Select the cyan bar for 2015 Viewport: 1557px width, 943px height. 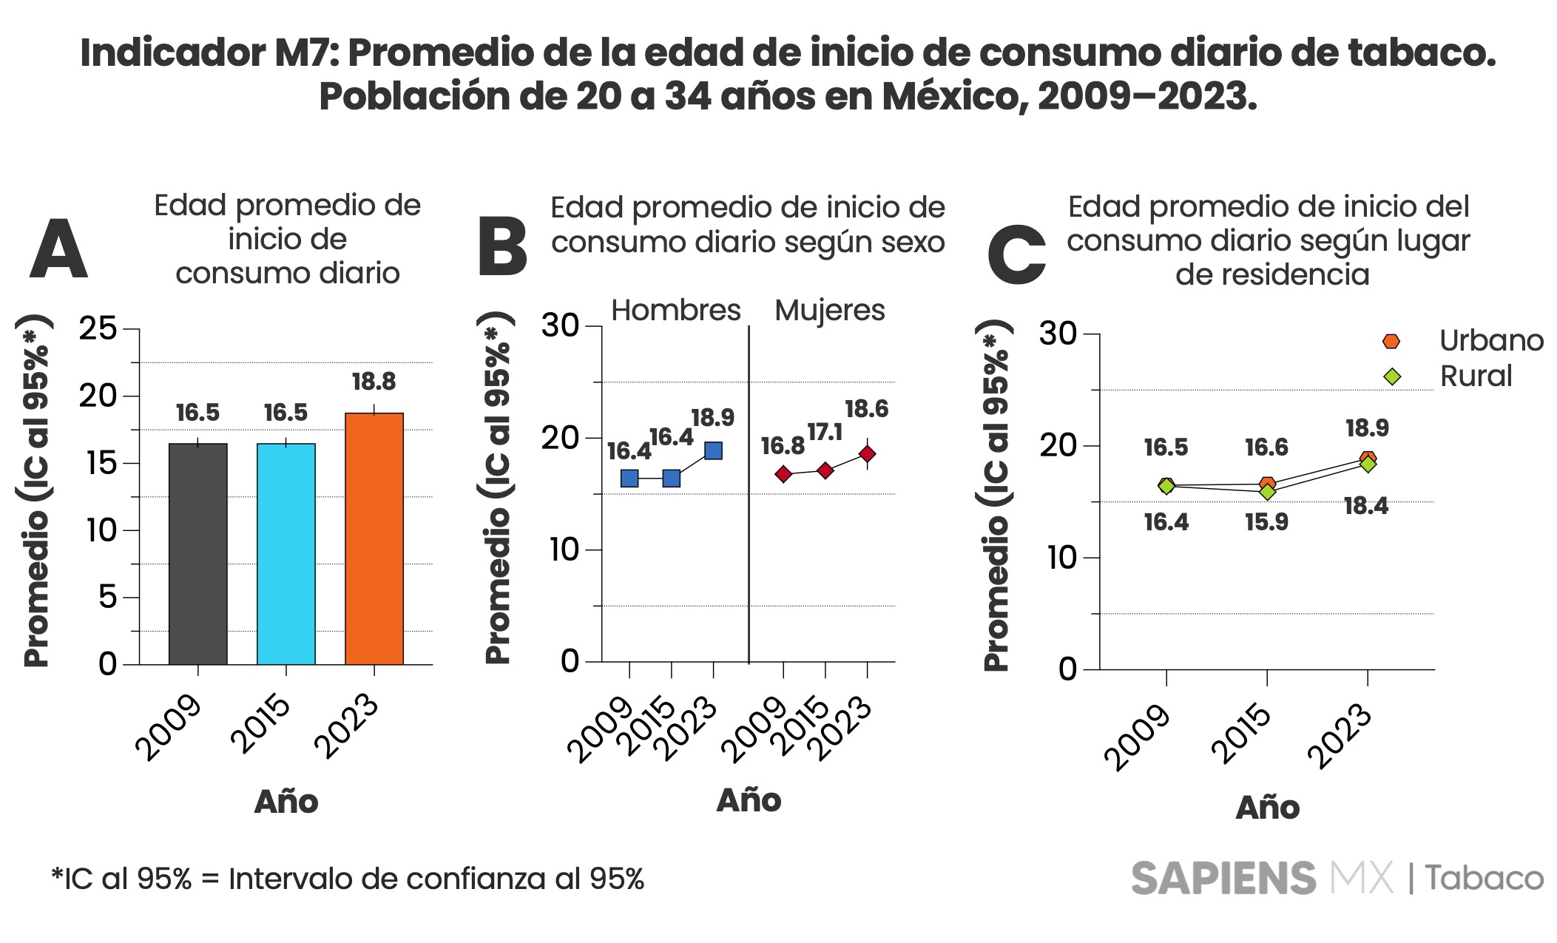(x=286, y=554)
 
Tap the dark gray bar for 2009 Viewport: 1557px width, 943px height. (x=197, y=554)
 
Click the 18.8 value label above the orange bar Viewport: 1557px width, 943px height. (x=374, y=382)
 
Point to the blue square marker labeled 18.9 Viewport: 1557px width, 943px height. (x=713, y=450)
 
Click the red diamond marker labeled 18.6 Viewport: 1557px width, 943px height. (x=867, y=453)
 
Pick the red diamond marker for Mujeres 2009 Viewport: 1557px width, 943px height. (x=783, y=474)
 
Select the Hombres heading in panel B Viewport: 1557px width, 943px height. (x=675, y=310)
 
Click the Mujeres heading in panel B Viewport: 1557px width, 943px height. (x=829, y=310)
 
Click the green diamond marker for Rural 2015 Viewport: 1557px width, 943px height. (x=1267, y=492)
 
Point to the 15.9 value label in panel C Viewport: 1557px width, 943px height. (x=1266, y=522)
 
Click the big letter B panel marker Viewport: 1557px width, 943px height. (x=503, y=248)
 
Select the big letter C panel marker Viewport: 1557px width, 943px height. (x=1017, y=254)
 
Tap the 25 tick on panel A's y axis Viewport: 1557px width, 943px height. (x=98, y=328)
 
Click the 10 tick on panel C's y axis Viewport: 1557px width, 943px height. (x=1061, y=558)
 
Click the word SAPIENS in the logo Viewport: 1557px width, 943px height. (x=1223, y=879)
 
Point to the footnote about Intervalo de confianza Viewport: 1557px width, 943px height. (x=348, y=879)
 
